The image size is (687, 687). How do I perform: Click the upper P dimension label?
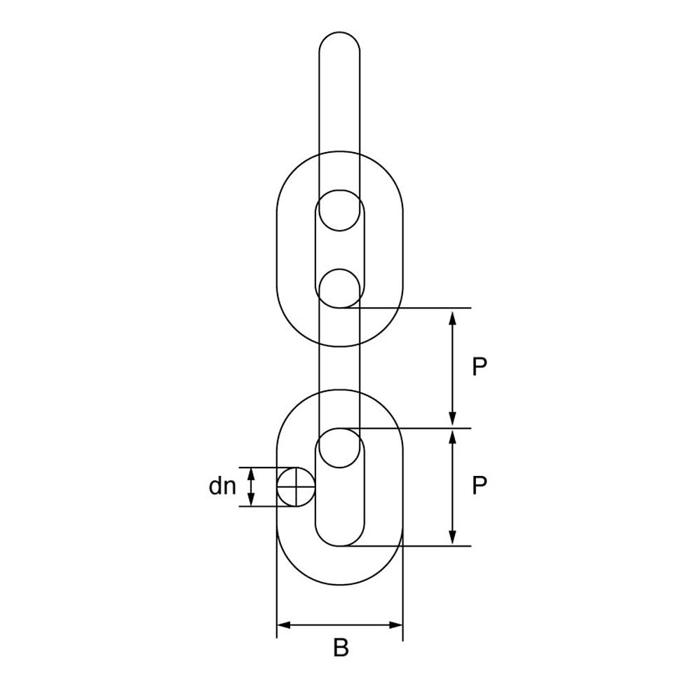(x=479, y=367)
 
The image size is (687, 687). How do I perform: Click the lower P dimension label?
(x=479, y=485)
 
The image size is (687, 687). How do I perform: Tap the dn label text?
(x=222, y=486)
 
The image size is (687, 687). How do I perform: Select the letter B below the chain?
(x=341, y=648)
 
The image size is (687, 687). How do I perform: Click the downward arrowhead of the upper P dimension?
(x=453, y=419)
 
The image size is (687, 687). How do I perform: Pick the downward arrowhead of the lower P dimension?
(x=453, y=538)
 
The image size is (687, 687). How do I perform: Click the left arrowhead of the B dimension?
(x=285, y=625)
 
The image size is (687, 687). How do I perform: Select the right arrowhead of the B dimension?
(x=395, y=625)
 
